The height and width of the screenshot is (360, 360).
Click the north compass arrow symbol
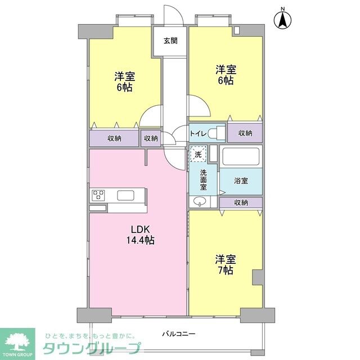pyautogui.click(x=283, y=20)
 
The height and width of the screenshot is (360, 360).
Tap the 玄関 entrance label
pyautogui.click(x=170, y=40)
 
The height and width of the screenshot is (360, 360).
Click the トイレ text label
pyautogui.click(x=198, y=134)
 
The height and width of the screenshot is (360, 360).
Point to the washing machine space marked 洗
pyautogui.click(x=198, y=154)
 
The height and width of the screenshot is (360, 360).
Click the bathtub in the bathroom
pyautogui.click(x=241, y=156)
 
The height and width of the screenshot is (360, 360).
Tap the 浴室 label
pyautogui.click(x=241, y=181)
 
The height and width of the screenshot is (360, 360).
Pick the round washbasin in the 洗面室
pyautogui.click(x=199, y=202)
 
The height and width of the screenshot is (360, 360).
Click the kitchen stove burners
pyautogui.click(x=98, y=196)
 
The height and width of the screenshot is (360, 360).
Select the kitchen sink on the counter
pyautogui.click(x=125, y=196)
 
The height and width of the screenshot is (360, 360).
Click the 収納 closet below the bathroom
pyautogui.click(x=241, y=202)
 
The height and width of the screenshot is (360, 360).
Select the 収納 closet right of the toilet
pyautogui.click(x=245, y=133)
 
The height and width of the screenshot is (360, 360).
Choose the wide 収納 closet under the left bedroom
pyautogui.click(x=114, y=138)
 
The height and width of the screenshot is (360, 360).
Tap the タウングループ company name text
pyautogui.click(x=90, y=348)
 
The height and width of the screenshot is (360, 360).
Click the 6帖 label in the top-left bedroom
pyautogui.click(x=125, y=82)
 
